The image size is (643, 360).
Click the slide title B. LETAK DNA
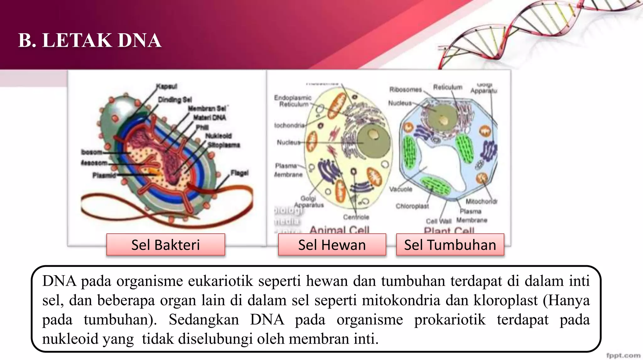click(x=90, y=41)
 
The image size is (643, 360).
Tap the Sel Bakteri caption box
click(x=165, y=245)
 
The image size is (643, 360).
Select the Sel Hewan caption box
click(x=332, y=245)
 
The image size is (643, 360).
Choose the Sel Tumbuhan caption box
click(x=450, y=245)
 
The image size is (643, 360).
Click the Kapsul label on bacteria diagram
click(x=167, y=86)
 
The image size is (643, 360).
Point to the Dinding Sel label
click(x=175, y=100)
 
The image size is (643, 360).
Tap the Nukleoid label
click(x=219, y=136)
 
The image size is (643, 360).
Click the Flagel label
click(x=239, y=173)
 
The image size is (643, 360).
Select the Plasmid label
click(x=104, y=175)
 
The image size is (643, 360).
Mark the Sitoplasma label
click(x=224, y=145)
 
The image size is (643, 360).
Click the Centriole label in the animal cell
click(x=356, y=217)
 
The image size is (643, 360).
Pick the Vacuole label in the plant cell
click(x=401, y=189)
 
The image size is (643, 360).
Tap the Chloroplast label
click(x=412, y=206)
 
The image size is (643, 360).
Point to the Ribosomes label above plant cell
click(x=406, y=90)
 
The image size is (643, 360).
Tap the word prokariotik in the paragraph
click(x=450, y=320)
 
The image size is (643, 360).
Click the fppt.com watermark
click(x=623, y=355)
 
